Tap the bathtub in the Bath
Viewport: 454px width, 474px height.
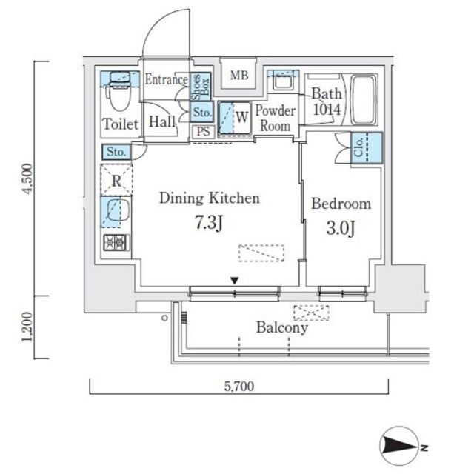coord(363,100)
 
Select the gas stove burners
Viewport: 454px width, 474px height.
coord(116,242)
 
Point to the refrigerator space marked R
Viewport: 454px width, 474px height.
coord(116,180)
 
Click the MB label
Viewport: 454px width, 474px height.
coord(238,76)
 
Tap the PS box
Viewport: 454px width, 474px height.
coord(204,132)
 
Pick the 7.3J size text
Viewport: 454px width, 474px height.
coord(209,224)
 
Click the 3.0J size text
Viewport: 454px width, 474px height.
coord(341,228)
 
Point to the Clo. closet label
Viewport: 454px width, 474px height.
coord(358,147)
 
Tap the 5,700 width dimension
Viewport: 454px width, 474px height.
coord(238,387)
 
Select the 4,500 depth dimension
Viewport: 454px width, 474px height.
coord(27,178)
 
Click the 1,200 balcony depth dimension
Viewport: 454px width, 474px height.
coord(27,327)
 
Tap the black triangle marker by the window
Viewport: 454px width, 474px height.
coord(235,281)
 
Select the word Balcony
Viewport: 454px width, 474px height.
coord(282,327)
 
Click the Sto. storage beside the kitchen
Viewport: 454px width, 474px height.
coord(116,152)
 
